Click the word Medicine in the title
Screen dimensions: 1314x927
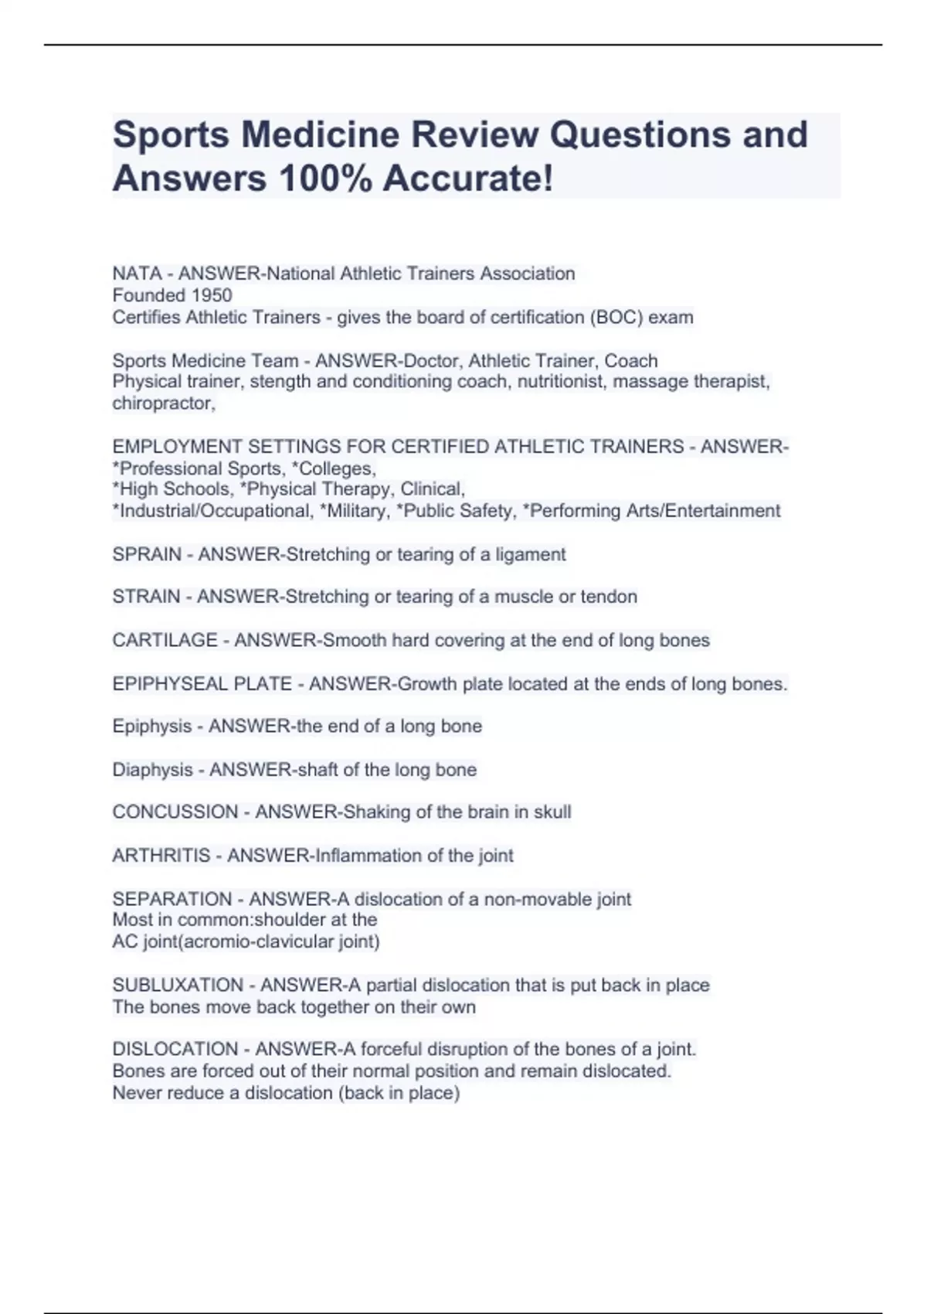(319, 134)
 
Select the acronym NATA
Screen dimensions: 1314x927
(137, 274)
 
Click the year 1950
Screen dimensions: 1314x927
(212, 295)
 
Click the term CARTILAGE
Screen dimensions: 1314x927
(165, 640)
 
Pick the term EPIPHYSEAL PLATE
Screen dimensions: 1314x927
(202, 684)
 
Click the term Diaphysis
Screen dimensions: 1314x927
(152, 770)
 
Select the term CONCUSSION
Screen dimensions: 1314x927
(175, 812)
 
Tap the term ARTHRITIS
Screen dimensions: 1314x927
(161, 856)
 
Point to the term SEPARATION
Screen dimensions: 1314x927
(171, 899)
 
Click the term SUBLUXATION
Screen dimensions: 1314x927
(178, 985)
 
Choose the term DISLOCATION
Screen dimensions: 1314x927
(175, 1050)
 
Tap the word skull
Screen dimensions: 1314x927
(552, 812)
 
